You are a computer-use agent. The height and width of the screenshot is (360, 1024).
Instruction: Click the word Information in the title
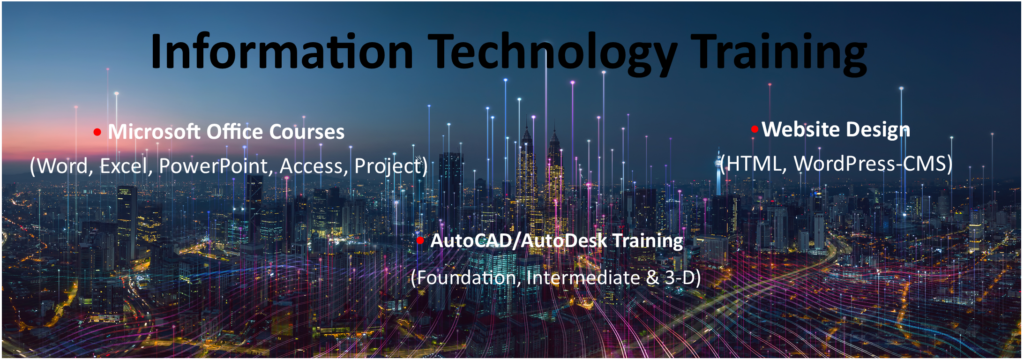coord(282,51)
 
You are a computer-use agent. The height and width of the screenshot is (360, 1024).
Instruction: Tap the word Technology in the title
coord(553,54)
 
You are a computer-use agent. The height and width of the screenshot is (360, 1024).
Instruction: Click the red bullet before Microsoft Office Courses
coord(97,132)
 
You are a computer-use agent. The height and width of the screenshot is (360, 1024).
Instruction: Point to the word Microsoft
coord(154,132)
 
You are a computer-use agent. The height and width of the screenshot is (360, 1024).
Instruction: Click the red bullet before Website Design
coord(755,129)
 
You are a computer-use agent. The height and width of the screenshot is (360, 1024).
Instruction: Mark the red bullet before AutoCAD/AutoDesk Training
coord(420,240)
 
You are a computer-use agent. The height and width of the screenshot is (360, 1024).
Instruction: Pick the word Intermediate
coord(583,278)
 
